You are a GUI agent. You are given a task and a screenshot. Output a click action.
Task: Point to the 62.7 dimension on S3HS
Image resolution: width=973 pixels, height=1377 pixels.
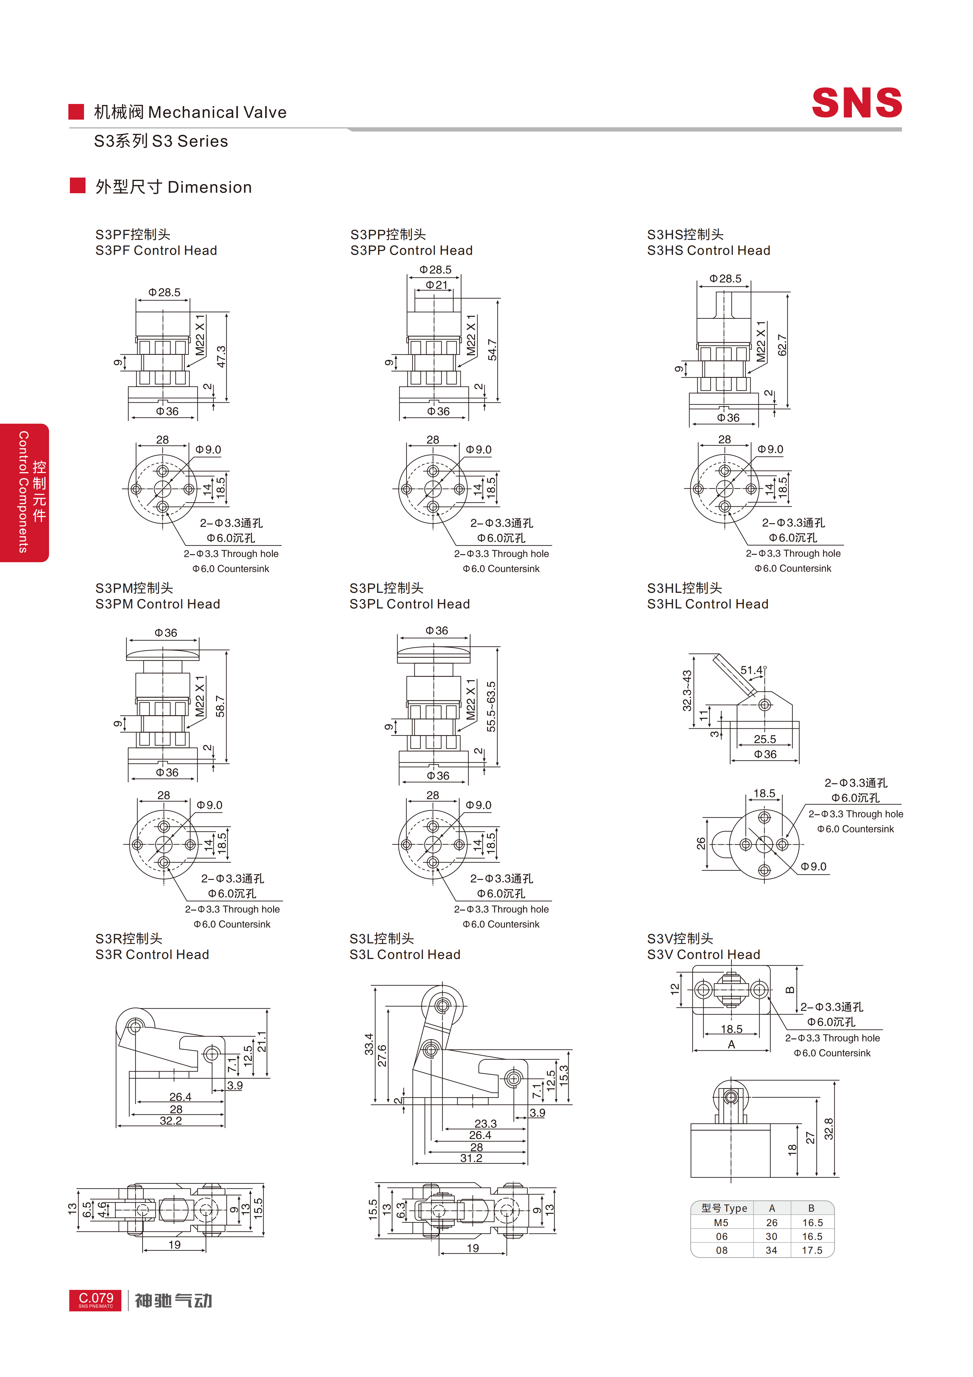pos(782,345)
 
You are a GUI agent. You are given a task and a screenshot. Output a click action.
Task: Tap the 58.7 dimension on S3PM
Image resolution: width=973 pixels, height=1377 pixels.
pos(221,707)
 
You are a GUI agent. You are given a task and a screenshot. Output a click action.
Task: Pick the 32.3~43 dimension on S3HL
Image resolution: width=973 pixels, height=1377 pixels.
pos(687,690)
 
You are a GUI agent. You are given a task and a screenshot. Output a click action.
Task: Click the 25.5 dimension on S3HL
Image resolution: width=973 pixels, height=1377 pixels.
pos(765,739)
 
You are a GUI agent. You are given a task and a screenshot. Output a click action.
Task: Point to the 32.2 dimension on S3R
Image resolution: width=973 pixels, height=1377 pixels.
pos(171,1120)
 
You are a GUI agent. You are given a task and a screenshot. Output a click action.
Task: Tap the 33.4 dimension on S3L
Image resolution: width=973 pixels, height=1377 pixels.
pos(369,1044)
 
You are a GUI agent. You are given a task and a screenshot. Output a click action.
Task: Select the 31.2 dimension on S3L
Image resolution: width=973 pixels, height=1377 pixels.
pos(471,1158)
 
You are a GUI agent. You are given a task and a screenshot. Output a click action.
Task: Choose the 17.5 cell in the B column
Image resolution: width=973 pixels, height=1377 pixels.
pos(812,1250)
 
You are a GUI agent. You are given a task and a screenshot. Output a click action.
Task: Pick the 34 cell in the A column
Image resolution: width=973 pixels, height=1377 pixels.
pos(772,1250)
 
